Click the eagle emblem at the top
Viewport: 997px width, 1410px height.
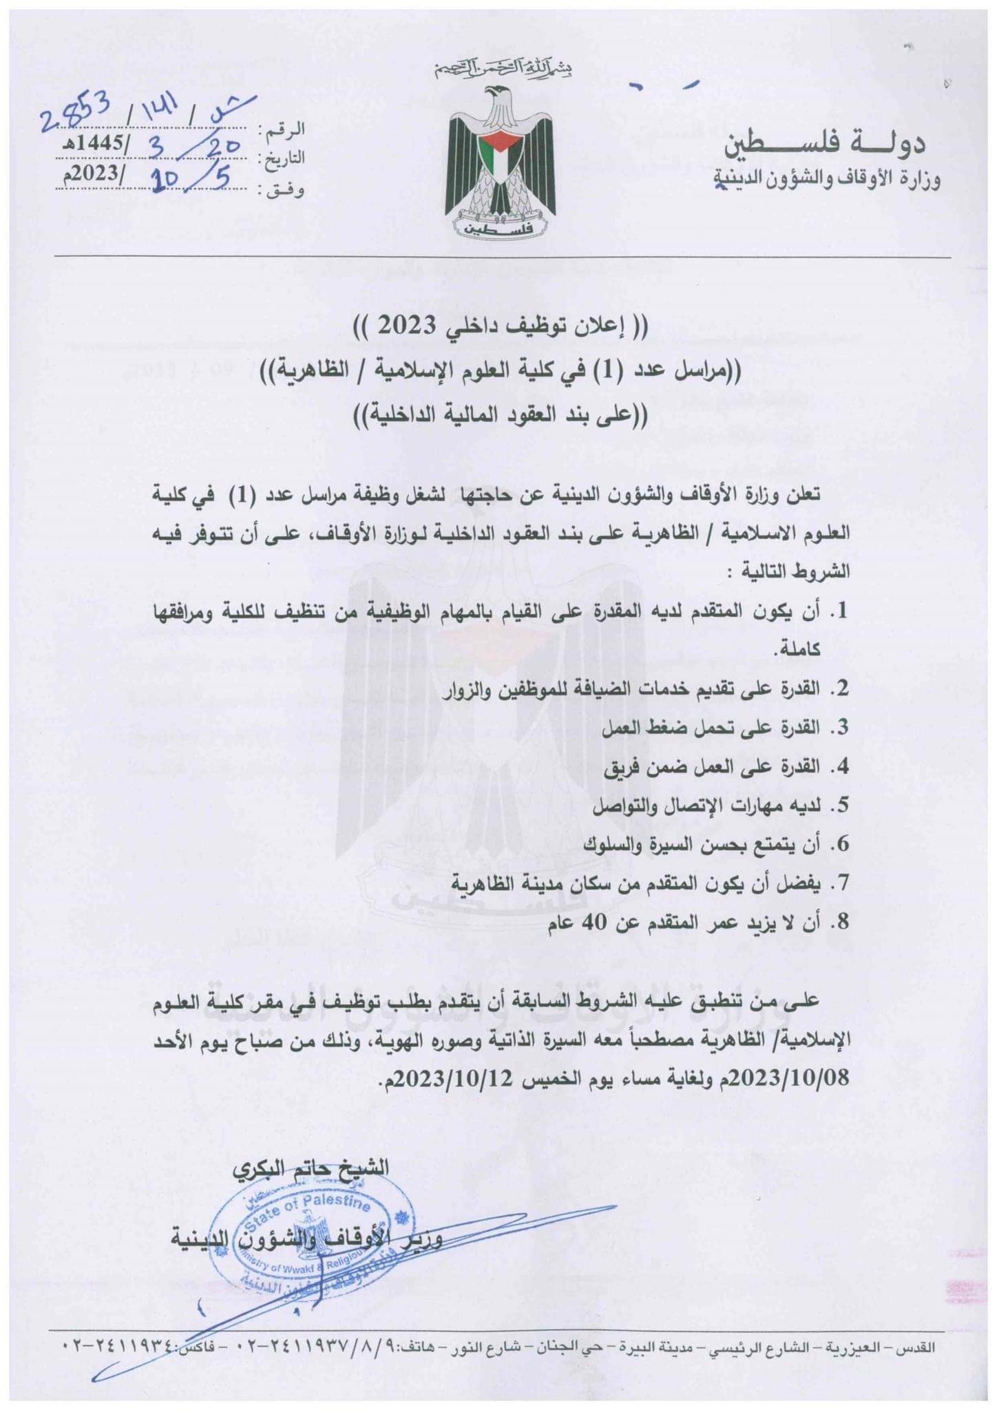point(501,162)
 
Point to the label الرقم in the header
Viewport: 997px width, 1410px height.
point(284,129)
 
